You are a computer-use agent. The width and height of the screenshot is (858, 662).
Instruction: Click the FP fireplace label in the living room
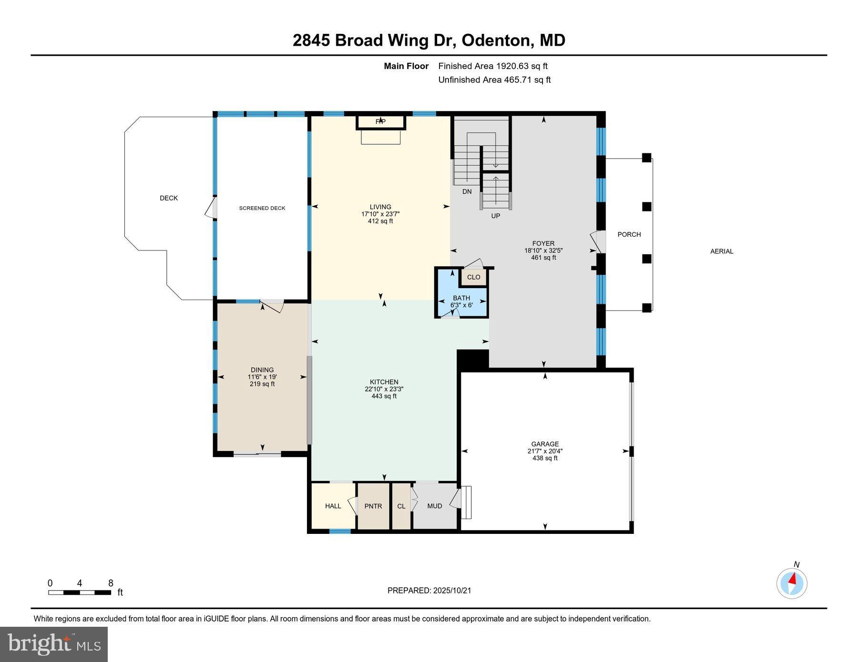[380, 121]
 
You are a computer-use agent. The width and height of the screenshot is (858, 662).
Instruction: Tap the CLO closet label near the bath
[473, 277]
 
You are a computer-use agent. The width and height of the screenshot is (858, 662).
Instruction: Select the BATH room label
[461, 298]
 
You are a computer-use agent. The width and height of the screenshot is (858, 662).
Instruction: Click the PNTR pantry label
[373, 506]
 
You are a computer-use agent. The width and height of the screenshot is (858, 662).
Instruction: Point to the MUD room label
[435, 506]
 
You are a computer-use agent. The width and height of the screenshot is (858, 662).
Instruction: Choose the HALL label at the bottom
[333, 506]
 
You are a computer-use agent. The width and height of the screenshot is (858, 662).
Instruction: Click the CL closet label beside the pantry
[401, 506]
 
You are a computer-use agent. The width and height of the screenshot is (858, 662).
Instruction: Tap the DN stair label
[467, 191]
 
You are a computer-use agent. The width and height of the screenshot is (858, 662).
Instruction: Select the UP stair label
[496, 216]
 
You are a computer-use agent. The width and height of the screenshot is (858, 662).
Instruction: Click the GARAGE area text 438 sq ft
[545, 458]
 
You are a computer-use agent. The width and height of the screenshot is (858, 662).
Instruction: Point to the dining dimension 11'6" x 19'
[262, 377]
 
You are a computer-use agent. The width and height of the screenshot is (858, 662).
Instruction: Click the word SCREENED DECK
[262, 208]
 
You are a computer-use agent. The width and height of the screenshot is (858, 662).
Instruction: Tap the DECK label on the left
[169, 198]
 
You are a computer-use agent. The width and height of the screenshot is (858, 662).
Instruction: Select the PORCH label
[629, 234]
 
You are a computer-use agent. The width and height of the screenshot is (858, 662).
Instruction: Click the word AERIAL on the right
[722, 251]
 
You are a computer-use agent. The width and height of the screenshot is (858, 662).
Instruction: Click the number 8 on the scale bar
[111, 583]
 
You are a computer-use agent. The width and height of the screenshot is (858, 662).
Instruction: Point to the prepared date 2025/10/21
[452, 591]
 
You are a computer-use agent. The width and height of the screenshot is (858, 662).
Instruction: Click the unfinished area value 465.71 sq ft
[527, 80]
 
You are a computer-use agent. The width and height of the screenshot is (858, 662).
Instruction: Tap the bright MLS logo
[54, 644]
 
